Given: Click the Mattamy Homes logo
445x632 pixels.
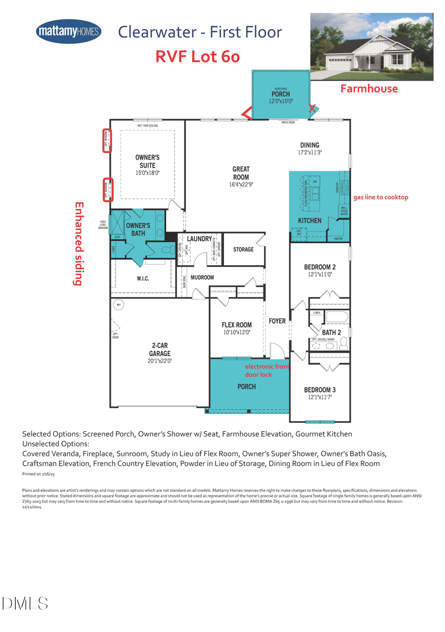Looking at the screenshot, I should tap(69, 32).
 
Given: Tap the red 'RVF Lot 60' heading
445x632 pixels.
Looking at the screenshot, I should tap(198, 57).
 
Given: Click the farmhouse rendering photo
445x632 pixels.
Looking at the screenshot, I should tap(371, 47).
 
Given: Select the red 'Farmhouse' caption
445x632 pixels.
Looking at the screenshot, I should tap(369, 89).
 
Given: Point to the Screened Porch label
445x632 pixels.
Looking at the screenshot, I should tap(280, 94).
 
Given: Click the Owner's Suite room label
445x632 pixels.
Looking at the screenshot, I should tap(147, 161).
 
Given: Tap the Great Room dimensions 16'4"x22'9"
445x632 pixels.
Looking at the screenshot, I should tap(241, 184).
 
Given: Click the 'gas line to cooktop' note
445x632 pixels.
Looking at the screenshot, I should tap(381, 197).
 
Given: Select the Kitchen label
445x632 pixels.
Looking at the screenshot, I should tap(310, 220).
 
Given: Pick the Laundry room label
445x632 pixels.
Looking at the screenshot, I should tap(199, 239).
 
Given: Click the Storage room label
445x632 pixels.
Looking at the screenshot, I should tap(243, 249).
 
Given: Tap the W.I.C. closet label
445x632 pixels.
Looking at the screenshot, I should tap(142, 279).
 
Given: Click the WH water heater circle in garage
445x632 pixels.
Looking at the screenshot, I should tap(118, 305).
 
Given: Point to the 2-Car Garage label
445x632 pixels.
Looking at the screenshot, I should tap(160, 349).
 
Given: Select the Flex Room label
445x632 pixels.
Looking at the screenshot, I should tap(237, 325).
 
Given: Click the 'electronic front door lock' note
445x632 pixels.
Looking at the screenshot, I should tap(267, 371).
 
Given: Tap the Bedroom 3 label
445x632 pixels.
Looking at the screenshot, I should tap(320, 389).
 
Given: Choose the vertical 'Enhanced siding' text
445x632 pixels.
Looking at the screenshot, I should tap(77, 243).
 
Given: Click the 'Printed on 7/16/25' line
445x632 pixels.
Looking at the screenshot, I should tap(40, 474).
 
